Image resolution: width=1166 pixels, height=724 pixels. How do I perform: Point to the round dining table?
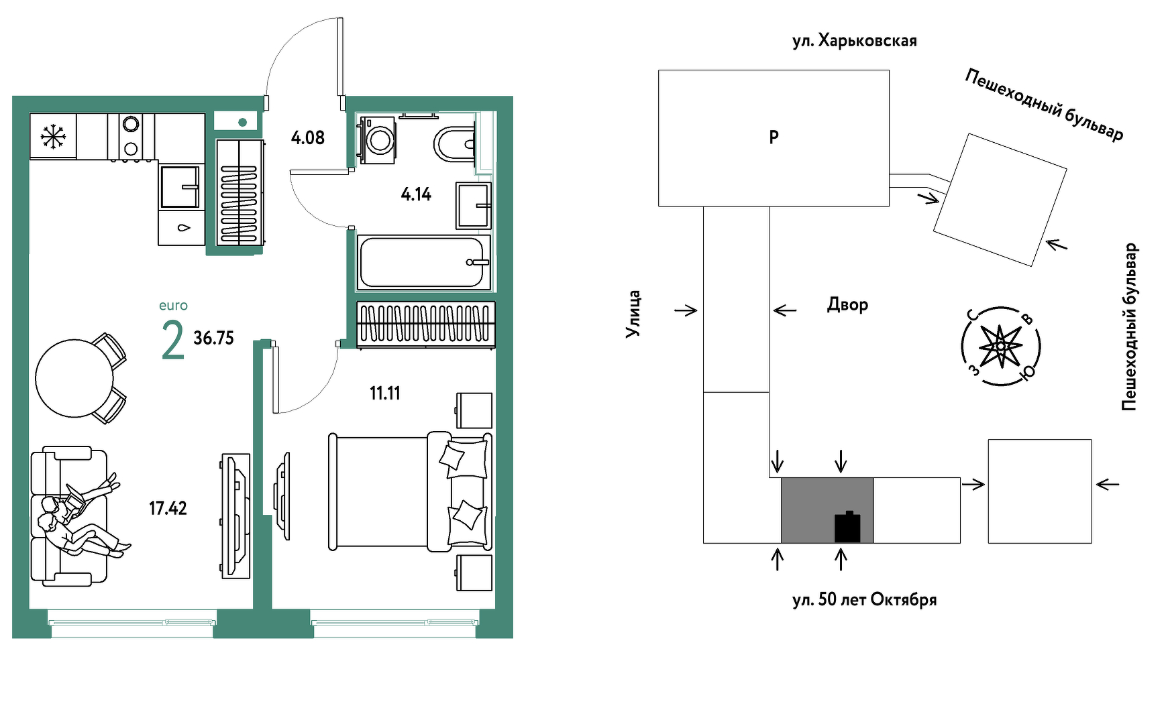tap(74, 378)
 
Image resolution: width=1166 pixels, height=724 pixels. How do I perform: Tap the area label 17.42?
tap(168, 508)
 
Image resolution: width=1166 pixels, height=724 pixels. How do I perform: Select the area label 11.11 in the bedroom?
tap(385, 393)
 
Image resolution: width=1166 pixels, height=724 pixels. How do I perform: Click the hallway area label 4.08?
tap(308, 138)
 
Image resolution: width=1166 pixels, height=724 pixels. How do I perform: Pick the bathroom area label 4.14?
tap(416, 194)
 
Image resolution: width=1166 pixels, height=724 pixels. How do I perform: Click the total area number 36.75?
tap(213, 338)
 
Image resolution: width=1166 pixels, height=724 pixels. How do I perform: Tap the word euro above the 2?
tap(173, 306)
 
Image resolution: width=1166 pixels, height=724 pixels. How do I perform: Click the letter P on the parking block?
tap(774, 137)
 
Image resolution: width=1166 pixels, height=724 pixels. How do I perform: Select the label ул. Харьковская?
tap(854, 41)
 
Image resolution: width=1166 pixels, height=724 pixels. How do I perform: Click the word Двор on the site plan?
tap(847, 304)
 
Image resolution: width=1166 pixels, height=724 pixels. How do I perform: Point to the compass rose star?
tap(1000, 346)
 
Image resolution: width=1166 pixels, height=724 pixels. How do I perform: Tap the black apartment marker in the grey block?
tap(847, 527)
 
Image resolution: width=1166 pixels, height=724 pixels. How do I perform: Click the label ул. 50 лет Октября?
tap(864, 599)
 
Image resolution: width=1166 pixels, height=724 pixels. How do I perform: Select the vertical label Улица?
tap(633, 314)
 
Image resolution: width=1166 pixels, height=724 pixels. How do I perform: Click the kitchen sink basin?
tap(180, 186)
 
